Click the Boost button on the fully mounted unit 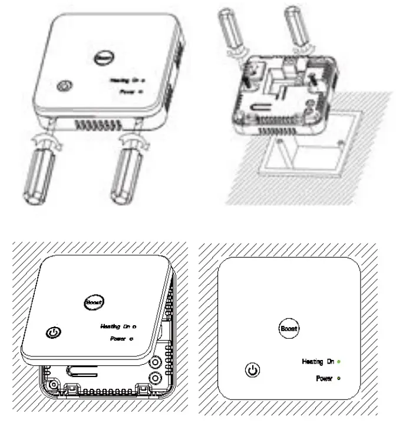coord(289,328)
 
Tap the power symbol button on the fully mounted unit coord(252,371)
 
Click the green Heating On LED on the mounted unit coord(340,362)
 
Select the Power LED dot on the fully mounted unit coord(339,378)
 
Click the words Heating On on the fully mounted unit coord(318,362)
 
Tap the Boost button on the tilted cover coord(94,301)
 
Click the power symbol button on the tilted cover coord(53,333)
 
